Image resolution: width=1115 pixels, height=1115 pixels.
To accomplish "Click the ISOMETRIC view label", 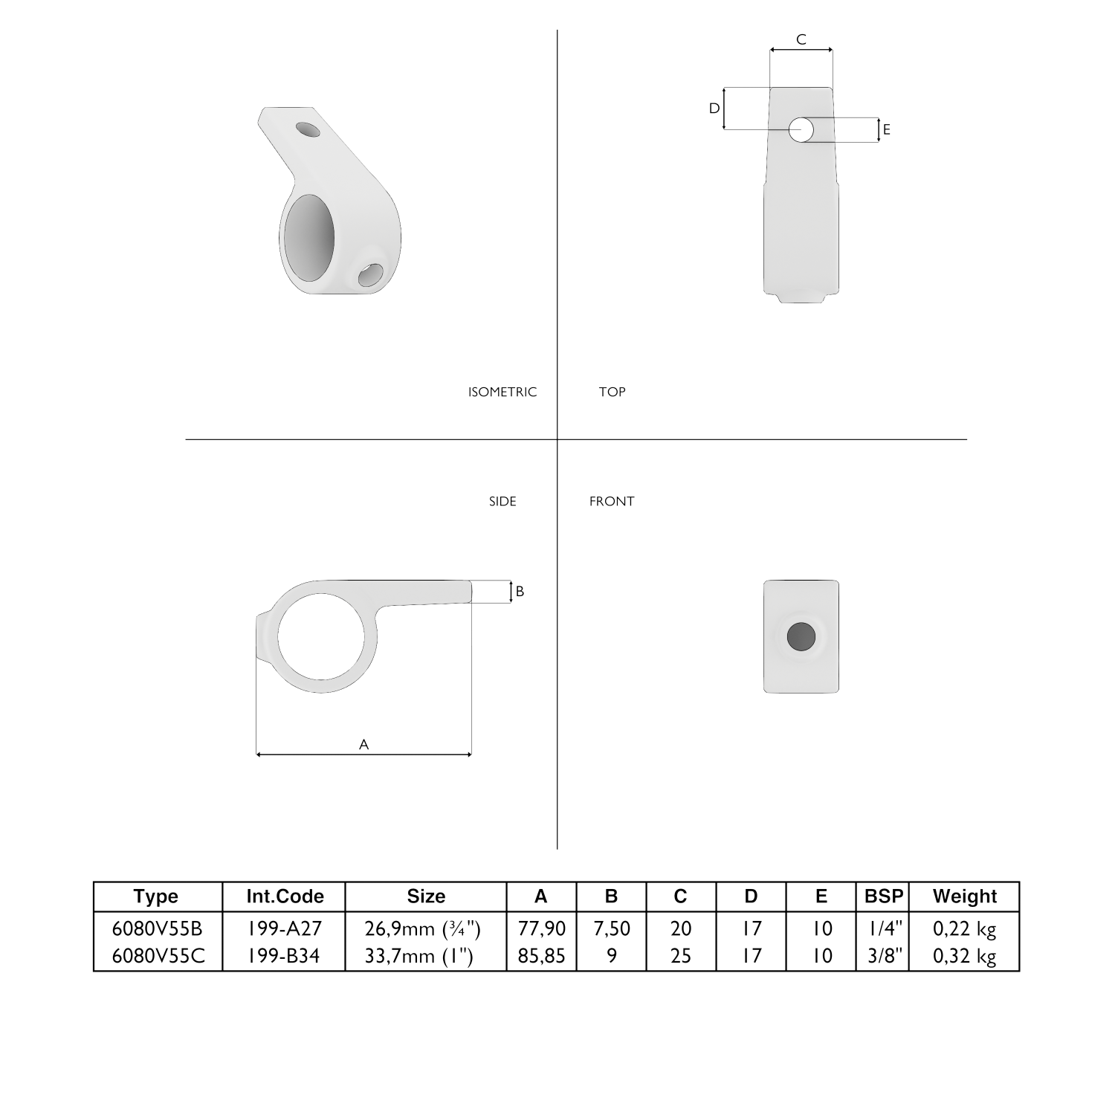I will tap(502, 392).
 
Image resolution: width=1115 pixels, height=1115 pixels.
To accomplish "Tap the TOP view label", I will tap(612, 392).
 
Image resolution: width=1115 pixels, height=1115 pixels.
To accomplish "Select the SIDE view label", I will tap(502, 501).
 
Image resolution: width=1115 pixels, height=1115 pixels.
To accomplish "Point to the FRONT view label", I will tap(612, 501).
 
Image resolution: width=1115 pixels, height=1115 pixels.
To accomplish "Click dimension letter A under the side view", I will tap(363, 744).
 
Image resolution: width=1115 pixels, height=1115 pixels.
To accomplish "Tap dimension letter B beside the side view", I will tap(520, 591).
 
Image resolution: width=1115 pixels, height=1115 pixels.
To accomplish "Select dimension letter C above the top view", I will tap(801, 39).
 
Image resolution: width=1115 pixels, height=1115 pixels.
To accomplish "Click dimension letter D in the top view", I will tap(714, 109).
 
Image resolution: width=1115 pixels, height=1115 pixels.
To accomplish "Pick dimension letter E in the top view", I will tap(886, 130).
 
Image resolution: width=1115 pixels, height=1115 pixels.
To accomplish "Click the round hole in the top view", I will tap(801, 130).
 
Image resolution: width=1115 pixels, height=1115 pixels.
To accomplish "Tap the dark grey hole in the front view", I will tap(801, 636).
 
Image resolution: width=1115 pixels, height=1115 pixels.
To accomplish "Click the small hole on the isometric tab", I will tap(308, 129).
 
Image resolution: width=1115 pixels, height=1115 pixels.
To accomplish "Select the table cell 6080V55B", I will tap(157, 928).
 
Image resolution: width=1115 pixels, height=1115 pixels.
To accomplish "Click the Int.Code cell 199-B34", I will tap(284, 955).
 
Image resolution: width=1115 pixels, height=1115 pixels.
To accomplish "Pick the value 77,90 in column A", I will tap(541, 928).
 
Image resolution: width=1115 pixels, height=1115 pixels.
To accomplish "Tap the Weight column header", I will tap(964, 896).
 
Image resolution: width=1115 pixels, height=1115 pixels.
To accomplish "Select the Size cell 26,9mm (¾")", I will tap(425, 928).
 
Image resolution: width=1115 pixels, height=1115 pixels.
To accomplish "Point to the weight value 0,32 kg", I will tap(964, 955).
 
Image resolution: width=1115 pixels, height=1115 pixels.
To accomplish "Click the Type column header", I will tap(157, 896).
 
